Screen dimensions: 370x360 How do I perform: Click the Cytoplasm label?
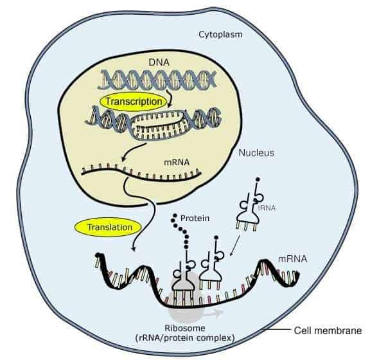[220, 35]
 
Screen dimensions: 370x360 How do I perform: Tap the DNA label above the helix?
[159, 62]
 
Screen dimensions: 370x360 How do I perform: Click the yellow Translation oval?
[108, 227]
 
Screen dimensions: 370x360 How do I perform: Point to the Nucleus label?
[256, 153]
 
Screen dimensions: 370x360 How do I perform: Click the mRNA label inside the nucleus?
[177, 162]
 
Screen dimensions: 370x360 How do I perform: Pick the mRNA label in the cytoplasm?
[293, 259]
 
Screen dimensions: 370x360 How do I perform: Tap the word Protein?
[195, 218]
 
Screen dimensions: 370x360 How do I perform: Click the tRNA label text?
[267, 208]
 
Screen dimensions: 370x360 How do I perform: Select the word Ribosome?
[185, 328]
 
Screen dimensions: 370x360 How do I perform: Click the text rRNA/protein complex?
[185, 338]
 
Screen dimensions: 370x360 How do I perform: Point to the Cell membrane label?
[328, 330]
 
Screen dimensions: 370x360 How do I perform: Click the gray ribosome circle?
[185, 298]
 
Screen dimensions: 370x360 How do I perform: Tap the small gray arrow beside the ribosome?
[213, 314]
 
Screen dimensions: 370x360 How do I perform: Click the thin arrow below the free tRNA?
[235, 245]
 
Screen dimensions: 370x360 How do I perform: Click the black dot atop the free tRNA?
[258, 179]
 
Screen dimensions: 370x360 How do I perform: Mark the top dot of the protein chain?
[175, 215]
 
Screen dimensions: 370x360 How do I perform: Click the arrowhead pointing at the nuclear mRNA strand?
[123, 160]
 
